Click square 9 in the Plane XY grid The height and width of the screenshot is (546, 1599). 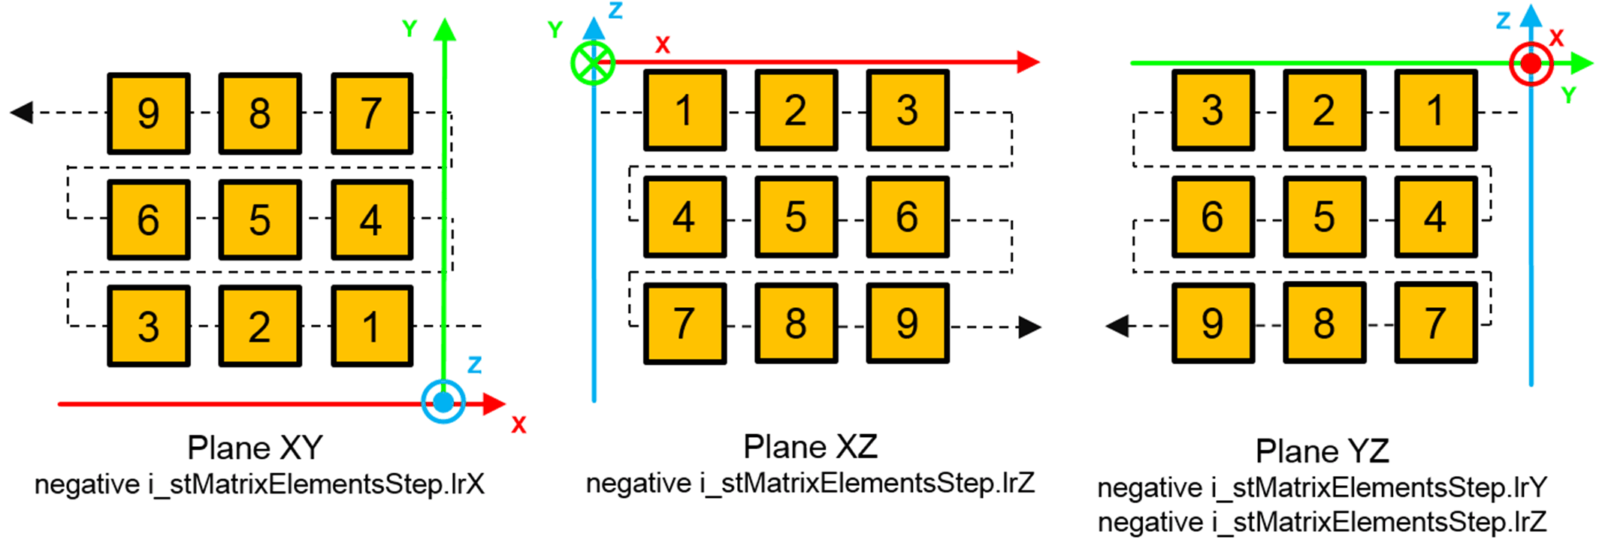[x=148, y=113]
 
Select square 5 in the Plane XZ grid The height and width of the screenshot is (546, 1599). [x=796, y=217]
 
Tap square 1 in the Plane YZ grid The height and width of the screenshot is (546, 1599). [x=1435, y=110]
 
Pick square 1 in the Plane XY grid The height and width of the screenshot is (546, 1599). [x=371, y=326]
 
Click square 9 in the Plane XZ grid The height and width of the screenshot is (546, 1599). [x=907, y=324]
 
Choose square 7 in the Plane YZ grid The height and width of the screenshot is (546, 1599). [x=1435, y=324]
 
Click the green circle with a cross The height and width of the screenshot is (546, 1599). [x=593, y=63]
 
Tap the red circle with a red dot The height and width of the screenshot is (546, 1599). [x=1531, y=65]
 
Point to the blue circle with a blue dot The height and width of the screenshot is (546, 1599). [x=443, y=403]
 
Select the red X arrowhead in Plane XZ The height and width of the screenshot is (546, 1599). [x=1028, y=62]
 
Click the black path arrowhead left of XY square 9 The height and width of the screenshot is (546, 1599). [x=21, y=113]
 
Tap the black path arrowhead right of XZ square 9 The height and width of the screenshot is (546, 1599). [x=1029, y=327]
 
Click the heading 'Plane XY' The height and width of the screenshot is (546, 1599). [x=255, y=448]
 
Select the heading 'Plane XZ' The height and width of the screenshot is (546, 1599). [x=810, y=447]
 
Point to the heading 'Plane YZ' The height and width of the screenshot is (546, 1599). [x=1322, y=451]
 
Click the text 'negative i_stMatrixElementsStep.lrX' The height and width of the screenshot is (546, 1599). [x=259, y=484]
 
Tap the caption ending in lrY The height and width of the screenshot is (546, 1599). [x=1322, y=488]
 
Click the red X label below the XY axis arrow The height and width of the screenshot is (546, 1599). [x=518, y=424]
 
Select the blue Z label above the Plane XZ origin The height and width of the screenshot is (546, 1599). [x=615, y=11]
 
